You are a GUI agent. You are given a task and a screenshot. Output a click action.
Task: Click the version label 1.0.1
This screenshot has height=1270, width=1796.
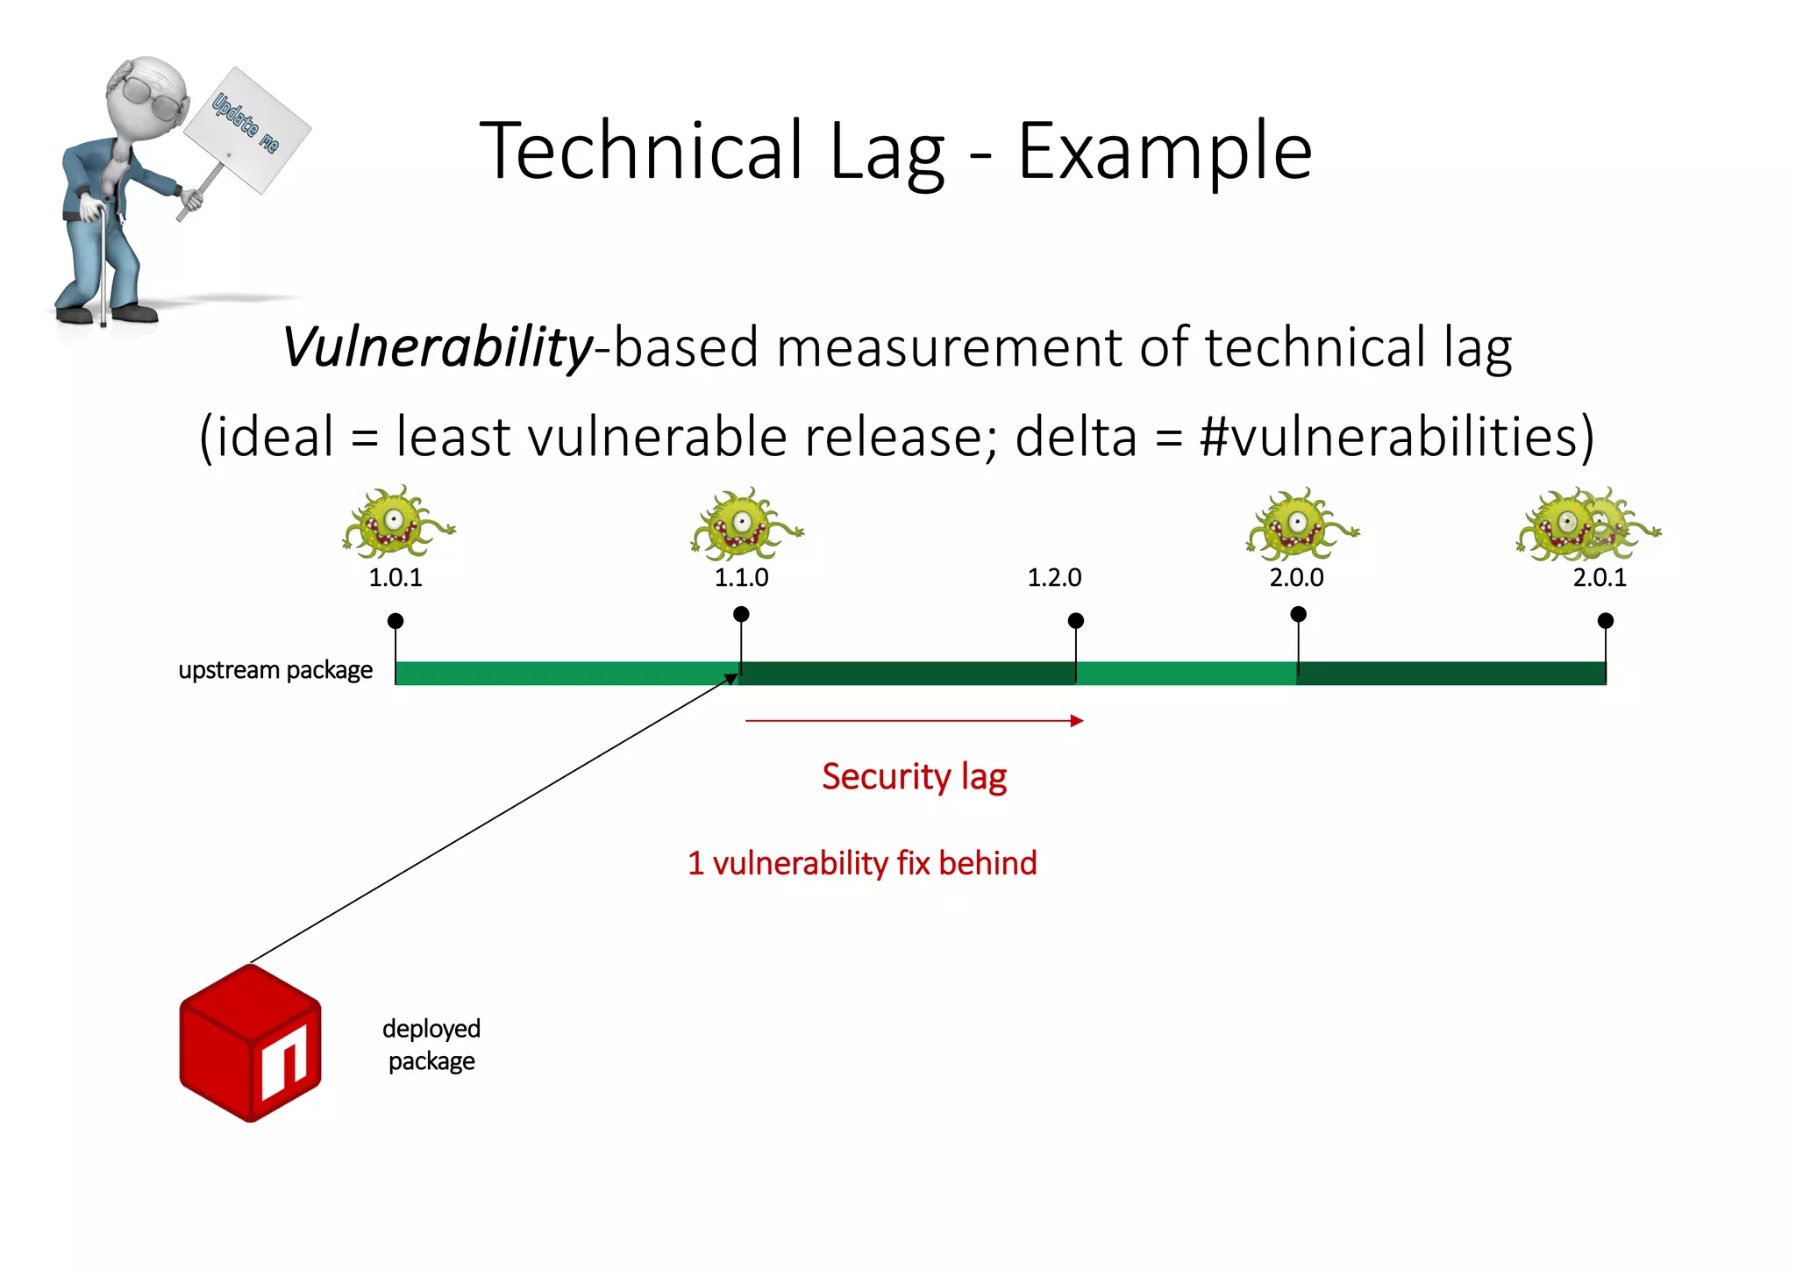coord(396,577)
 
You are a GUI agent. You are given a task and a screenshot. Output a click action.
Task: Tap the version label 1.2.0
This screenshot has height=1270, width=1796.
coord(1054,577)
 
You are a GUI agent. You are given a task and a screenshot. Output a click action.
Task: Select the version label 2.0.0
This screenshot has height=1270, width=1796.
coord(1296,577)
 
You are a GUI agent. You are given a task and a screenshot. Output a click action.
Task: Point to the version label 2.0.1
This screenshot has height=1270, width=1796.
coord(1600,577)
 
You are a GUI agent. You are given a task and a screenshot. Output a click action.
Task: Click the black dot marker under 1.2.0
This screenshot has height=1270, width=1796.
coord(1076,621)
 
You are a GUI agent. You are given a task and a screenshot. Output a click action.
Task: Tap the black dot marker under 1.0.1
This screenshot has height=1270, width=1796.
coord(396,621)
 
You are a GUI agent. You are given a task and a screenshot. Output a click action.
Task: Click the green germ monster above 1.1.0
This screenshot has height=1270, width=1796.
coord(744,524)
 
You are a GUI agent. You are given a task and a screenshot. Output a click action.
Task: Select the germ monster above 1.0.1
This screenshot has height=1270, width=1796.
coord(396,523)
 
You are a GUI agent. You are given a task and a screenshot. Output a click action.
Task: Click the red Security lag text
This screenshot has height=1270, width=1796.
coord(914,777)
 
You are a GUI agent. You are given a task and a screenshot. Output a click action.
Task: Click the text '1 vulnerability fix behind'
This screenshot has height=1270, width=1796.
coord(862,863)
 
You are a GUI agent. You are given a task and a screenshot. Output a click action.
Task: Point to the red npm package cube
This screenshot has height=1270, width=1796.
coord(250,1043)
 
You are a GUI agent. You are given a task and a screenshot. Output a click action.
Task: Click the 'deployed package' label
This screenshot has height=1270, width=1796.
coord(431,1045)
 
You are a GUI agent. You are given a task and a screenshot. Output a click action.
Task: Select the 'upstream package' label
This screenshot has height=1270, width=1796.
coord(275,670)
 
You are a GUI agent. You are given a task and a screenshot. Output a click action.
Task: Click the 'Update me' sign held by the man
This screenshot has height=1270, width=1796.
coord(246,129)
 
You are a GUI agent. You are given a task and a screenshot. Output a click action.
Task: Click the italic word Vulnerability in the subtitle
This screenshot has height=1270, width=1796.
coord(437,347)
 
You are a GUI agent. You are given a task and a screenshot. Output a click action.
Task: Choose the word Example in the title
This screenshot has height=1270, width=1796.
coord(1164,152)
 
